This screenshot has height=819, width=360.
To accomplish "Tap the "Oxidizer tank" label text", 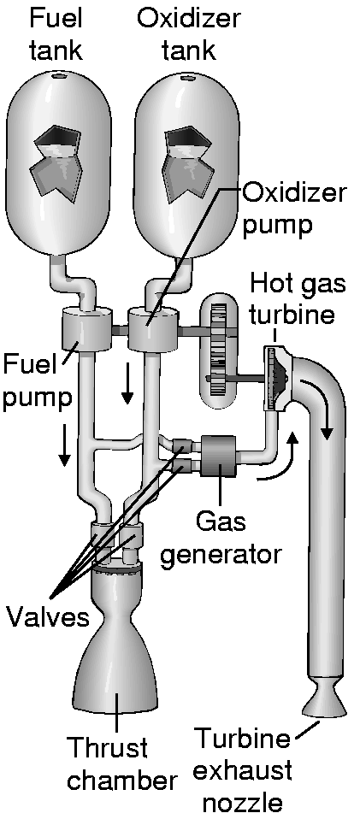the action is point(189,34).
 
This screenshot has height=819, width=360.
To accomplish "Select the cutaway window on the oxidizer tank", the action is point(189,164).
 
